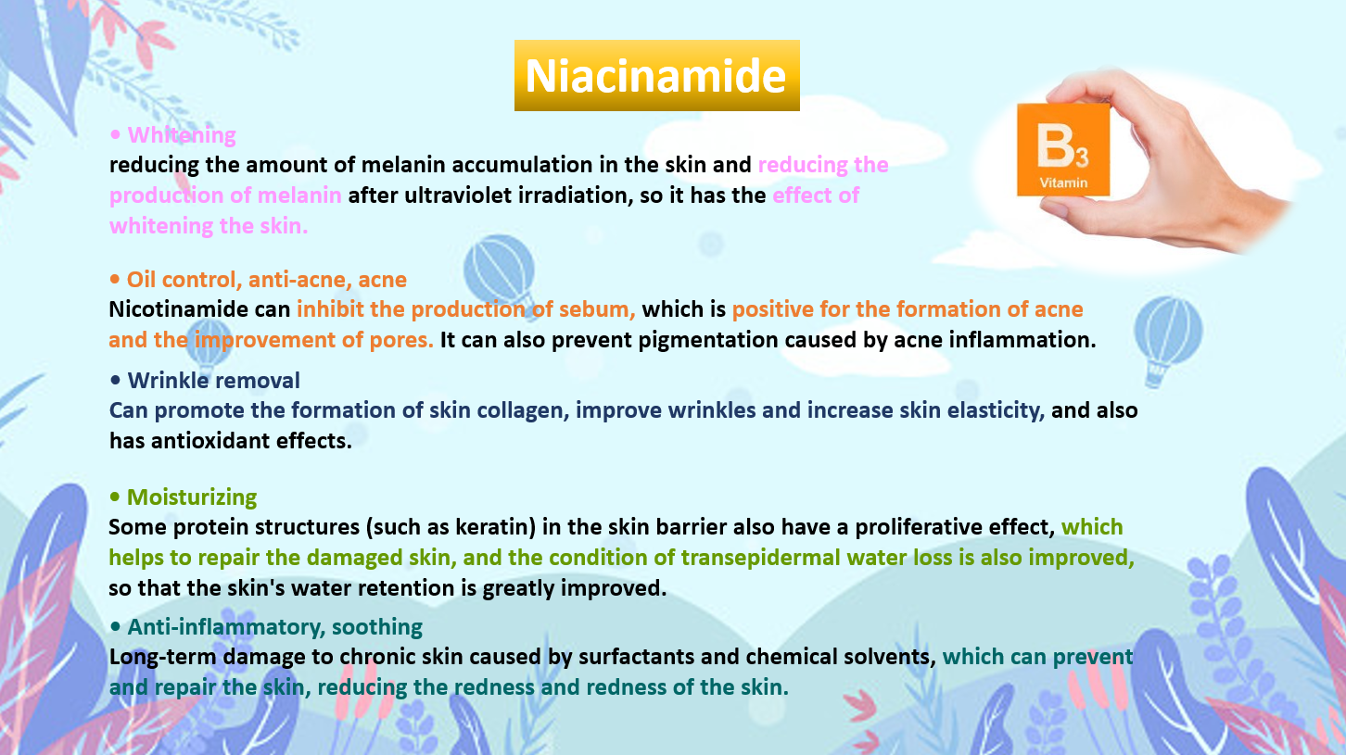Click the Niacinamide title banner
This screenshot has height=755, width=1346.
[656, 75]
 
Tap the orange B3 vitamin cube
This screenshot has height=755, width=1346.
[1063, 149]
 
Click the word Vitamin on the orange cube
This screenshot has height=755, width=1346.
[1063, 182]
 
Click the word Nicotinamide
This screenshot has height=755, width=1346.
[178, 309]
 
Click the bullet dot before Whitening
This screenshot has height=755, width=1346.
[115, 134]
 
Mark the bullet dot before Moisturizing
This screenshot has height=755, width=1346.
[115, 497]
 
